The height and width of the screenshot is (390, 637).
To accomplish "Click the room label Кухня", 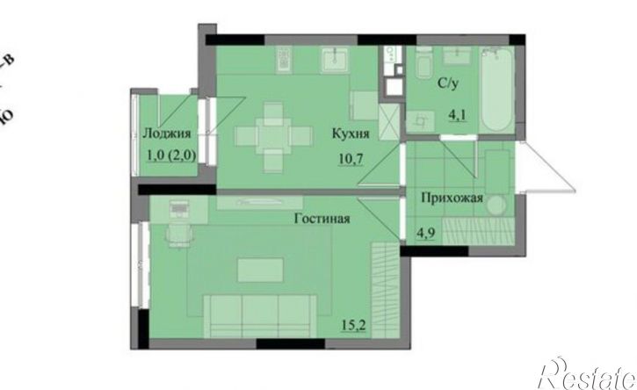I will pos(350,134).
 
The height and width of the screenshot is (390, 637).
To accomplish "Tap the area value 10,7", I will pos(351,160).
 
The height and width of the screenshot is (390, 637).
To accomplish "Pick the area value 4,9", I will pos(426,232).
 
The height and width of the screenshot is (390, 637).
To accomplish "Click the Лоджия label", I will pos(166,134).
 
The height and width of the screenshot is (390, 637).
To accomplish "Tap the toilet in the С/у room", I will pos(422,67).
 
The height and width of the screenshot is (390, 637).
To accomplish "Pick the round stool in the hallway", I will pos(496,206).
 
